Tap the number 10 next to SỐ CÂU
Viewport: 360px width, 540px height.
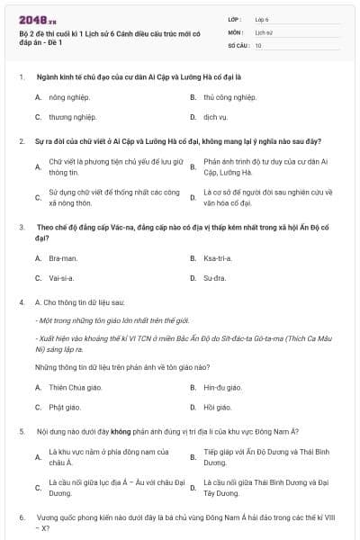point(258,45)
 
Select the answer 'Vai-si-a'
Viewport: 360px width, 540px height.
point(60,278)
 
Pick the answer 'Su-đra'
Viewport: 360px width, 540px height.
point(214,278)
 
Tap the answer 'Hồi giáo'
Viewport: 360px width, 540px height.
point(217,407)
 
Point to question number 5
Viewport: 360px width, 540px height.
point(21,432)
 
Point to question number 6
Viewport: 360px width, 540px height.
point(21,518)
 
